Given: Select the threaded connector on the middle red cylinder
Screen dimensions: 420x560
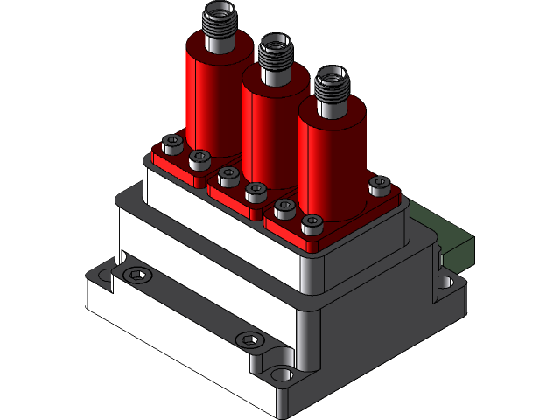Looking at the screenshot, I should click(x=274, y=59).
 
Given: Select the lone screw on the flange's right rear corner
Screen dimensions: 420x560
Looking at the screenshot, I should click(x=379, y=185).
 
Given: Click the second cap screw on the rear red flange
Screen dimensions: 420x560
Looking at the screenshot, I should click(x=200, y=159).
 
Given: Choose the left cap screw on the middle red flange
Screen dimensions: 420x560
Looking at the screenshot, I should click(x=229, y=175).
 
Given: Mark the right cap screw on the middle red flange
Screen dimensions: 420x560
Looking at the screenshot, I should click(x=255, y=190).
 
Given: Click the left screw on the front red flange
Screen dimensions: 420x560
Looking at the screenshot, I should click(x=284, y=208).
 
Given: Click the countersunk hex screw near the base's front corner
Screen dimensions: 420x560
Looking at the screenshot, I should click(x=248, y=339).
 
